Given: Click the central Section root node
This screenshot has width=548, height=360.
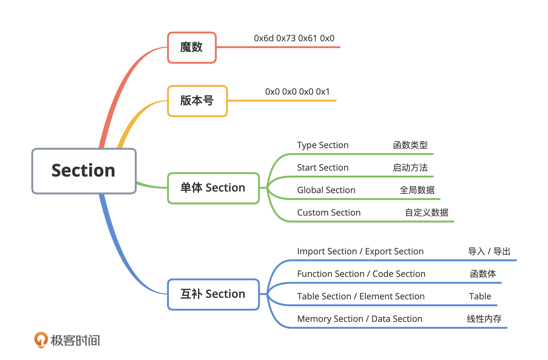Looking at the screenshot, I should [x=84, y=171].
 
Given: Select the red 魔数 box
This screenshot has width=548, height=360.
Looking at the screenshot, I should [x=192, y=47].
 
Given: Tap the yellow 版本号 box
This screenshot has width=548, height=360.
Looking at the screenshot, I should [x=197, y=101].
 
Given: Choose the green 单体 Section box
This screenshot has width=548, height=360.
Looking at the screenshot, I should [x=213, y=188].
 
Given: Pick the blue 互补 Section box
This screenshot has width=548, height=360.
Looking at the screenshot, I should [x=213, y=294].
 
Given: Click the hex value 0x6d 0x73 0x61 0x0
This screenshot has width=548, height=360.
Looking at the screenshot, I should [x=294, y=38].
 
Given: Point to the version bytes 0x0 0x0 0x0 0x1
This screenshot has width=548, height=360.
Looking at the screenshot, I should [x=297, y=92].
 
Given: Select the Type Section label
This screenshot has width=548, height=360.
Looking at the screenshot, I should [x=323, y=145].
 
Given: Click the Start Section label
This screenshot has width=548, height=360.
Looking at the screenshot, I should [x=323, y=168].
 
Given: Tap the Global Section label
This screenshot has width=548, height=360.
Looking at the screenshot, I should [x=326, y=190].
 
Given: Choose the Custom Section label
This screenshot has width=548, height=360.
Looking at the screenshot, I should [x=329, y=213].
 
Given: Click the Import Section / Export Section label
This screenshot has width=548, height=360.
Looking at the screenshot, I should [x=360, y=252].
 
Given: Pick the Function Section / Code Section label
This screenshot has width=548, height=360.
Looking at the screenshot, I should [x=361, y=274].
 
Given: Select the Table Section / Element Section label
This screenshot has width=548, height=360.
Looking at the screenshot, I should [x=361, y=297].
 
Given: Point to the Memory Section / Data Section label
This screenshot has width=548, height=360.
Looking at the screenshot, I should [x=360, y=319].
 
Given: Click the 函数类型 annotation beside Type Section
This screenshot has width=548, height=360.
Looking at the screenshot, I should [x=410, y=145].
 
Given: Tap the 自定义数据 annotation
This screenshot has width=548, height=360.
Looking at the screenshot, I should [x=427, y=213].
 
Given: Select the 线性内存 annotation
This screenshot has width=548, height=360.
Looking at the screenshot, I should [x=484, y=319].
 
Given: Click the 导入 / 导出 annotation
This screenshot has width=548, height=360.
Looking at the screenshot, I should [x=489, y=252].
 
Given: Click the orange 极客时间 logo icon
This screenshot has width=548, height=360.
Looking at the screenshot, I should [x=41, y=340].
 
